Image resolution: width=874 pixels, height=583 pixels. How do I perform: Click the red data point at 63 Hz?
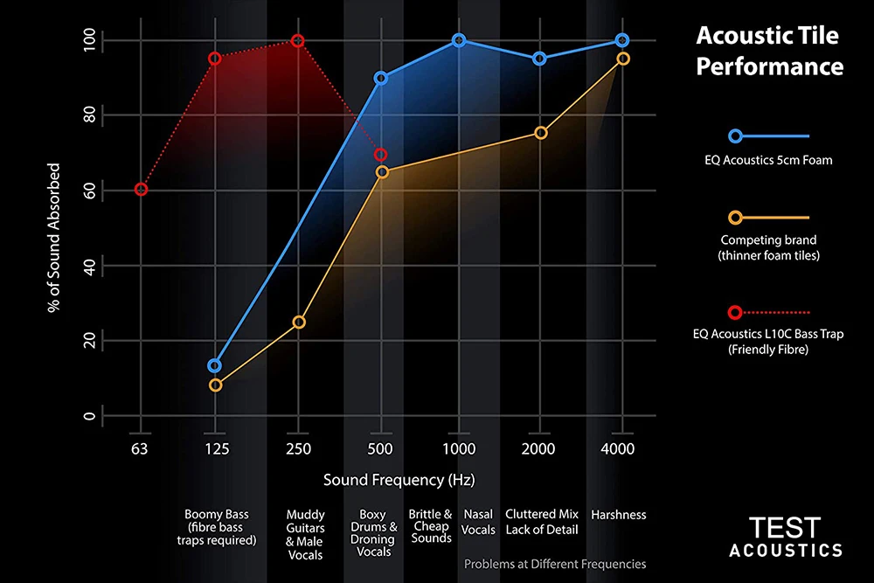click(x=141, y=190)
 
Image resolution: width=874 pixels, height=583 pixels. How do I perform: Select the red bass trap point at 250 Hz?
click(x=297, y=41)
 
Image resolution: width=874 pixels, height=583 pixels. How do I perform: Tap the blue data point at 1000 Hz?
click(x=459, y=41)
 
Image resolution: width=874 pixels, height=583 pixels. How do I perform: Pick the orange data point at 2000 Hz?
click(x=540, y=133)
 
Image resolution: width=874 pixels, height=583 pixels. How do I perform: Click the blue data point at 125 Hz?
click(x=215, y=365)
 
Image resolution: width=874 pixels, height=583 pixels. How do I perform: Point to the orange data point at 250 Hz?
click(x=298, y=323)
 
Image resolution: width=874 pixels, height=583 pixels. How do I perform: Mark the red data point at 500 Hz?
click(x=380, y=155)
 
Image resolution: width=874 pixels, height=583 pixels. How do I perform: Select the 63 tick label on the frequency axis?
click(x=140, y=449)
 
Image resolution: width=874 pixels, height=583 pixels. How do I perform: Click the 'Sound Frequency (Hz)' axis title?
click(x=399, y=480)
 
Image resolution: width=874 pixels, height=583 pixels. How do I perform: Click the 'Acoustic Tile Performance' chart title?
click(x=768, y=51)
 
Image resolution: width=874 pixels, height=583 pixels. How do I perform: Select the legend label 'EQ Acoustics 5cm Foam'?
click(x=769, y=159)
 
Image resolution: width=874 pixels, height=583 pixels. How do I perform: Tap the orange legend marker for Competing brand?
click(x=735, y=218)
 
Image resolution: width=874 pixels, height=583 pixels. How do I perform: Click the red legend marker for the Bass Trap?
click(x=735, y=312)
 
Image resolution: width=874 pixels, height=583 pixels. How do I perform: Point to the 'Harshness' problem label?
click(x=619, y=515)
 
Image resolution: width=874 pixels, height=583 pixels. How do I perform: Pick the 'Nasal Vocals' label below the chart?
click(x=478, y=522)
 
